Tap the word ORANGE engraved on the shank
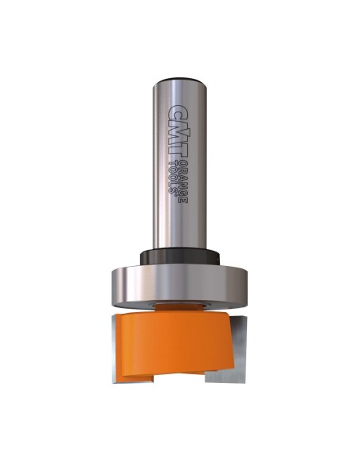184,182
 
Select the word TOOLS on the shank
172,177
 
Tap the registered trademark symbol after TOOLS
175,195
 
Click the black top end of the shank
179,80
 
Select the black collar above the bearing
180,256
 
